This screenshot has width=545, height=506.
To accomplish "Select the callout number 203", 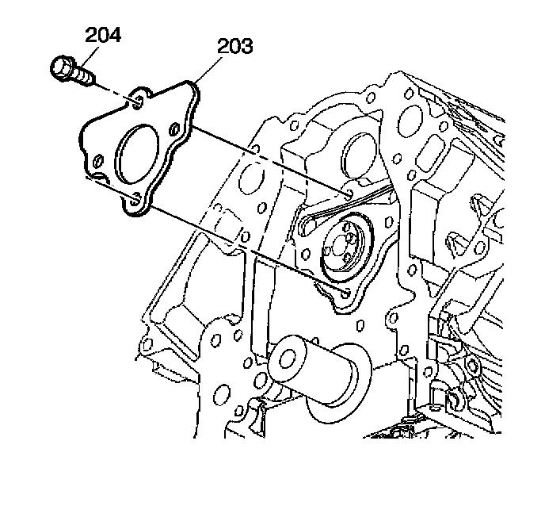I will tap(235, 46).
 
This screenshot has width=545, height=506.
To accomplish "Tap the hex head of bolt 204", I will tap(62, 69).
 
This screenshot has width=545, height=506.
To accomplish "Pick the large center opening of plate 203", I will tap(136, 149).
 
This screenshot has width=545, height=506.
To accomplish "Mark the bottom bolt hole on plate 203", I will tap(135, 201).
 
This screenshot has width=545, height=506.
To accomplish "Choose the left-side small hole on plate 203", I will tap(97, 163).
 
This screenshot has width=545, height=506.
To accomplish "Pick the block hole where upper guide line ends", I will tap(350, 193).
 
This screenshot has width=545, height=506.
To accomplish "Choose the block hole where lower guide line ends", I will tap(346, 292).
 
